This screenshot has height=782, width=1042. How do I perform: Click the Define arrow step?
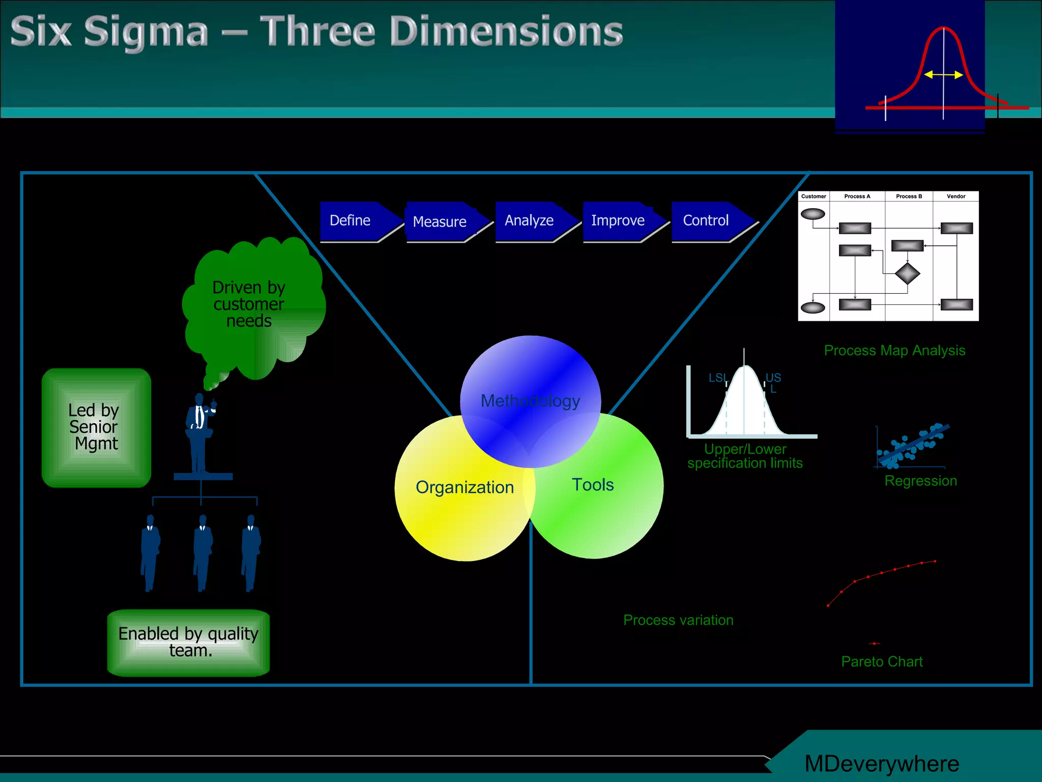tap(356, 221)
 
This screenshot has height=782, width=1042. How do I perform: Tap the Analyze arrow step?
tap(532, 221)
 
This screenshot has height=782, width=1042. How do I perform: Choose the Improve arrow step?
tap(621, 221)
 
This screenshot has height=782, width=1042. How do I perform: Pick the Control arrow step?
tap(709, 221)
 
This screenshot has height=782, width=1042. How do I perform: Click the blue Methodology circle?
tap(530, 387)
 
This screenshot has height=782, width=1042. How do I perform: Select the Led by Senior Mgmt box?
tap(96, 428)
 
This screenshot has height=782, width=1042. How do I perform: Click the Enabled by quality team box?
tap(188, 643)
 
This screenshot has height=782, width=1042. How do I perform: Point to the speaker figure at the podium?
tap(200, 433)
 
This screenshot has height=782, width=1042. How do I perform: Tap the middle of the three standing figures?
tap(202, 552)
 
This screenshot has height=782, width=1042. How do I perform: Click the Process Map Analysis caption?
tap(894, 351)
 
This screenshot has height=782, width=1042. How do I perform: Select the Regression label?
tap(920, 481)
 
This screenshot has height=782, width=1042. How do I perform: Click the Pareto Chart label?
tap(881, 662)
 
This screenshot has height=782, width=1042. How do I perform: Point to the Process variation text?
tap(678, 620)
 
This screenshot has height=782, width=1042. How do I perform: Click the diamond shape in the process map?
tap(907, 274)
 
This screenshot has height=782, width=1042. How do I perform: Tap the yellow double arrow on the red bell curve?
tap(943, 75)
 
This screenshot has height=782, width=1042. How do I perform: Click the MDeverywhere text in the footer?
tap(881, 764)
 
